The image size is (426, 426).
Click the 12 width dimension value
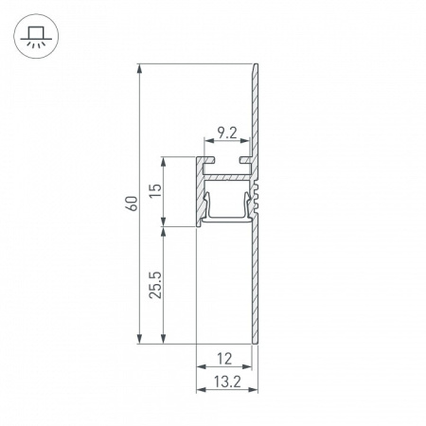click(x=224, y=358)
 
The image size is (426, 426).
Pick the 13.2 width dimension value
click(x=224, y=382)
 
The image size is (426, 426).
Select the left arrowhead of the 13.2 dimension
click(x=199, y=392)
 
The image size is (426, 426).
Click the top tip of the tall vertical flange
click(x=255, y=66)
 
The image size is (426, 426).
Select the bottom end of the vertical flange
click(x=254, y=340)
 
